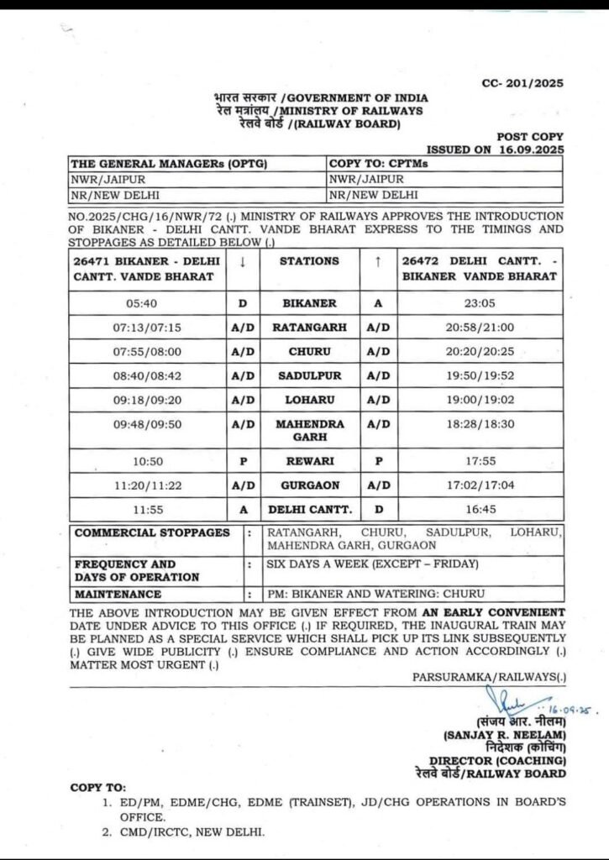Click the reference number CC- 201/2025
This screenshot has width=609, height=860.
[x=522, y=83]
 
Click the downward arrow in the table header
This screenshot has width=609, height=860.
[x=242, y=261]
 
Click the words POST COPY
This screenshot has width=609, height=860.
[x=530, y=136]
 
